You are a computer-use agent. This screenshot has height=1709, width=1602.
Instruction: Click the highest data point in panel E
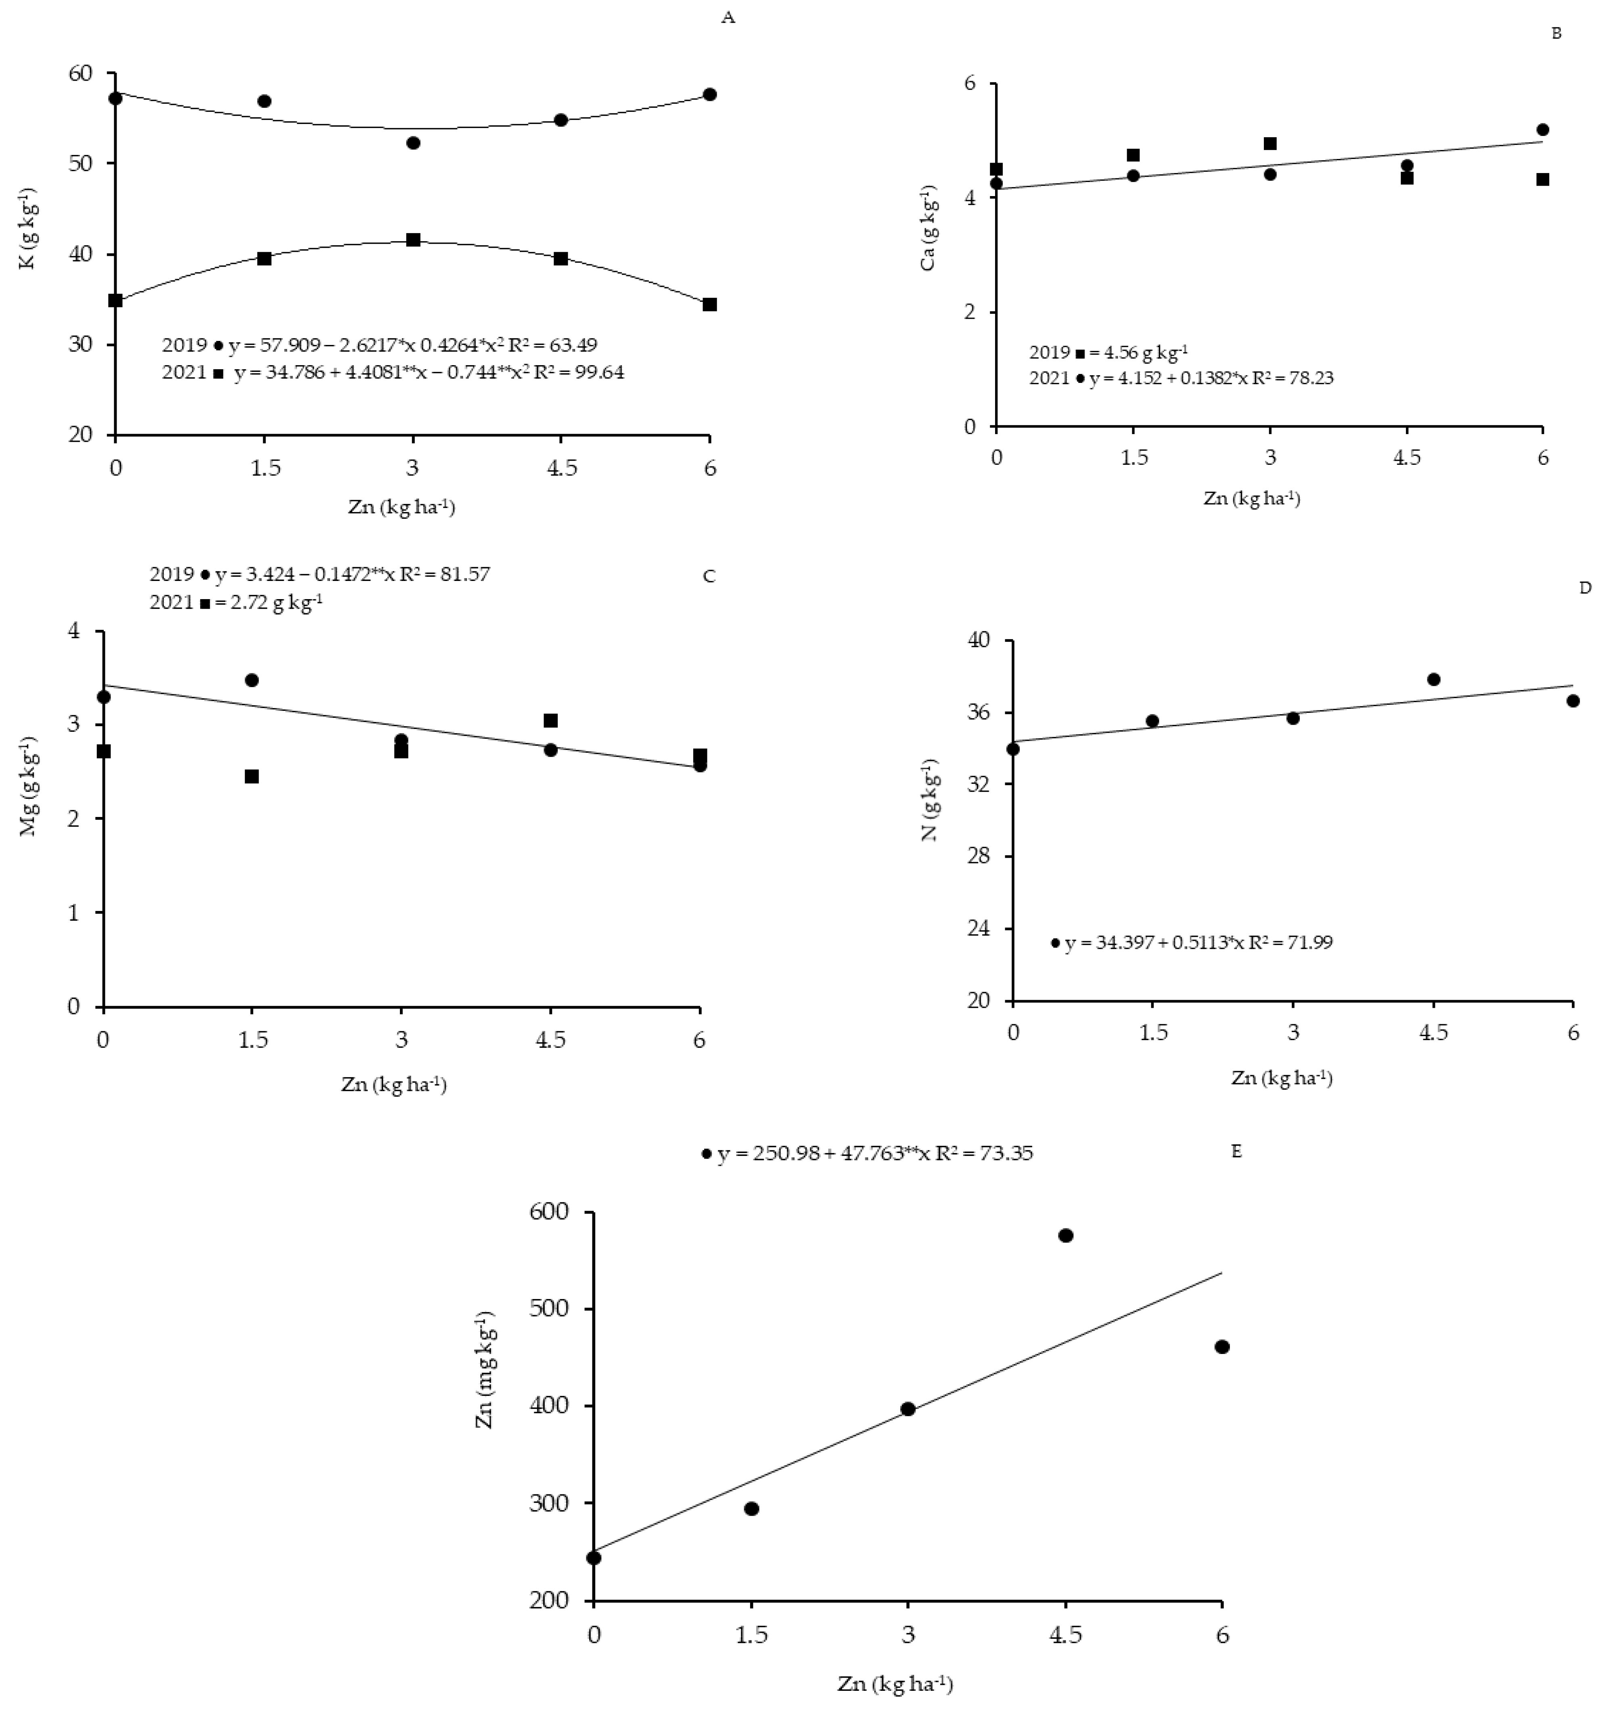(x=1065, y=1235)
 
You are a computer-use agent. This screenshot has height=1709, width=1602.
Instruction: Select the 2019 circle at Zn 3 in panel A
(x=413, y=143)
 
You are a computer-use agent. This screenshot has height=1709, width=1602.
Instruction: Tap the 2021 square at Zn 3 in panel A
(x=413, y=240)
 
